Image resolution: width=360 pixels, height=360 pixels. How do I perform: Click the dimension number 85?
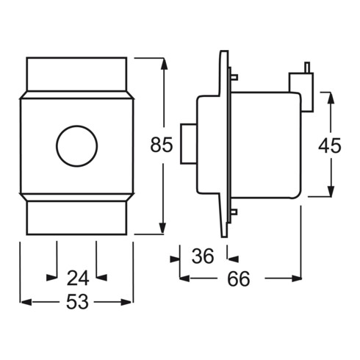[161, 145]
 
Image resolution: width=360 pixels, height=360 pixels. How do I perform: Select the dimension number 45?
[330, 145]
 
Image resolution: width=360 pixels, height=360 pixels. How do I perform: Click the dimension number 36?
[202, 256]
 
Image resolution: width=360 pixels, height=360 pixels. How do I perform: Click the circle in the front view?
[76, 145]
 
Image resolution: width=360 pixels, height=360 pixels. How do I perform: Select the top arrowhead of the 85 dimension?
[162, 62]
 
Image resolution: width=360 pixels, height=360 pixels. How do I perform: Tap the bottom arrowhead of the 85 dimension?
[162, 228]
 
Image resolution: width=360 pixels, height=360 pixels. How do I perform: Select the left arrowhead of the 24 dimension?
[51, 278]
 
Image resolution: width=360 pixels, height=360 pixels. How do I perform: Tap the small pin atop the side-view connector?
[306, 68]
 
